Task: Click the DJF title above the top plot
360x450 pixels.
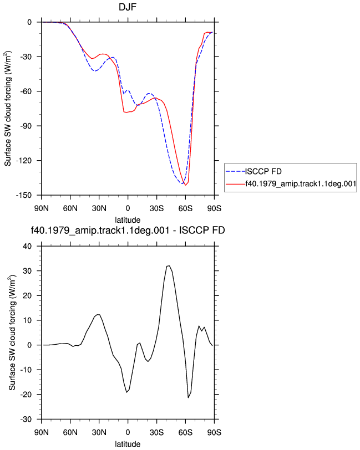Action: pos(127,7)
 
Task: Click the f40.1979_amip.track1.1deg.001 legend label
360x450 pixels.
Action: pos(301,183)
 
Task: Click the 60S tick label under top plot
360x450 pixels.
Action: pos(185,208)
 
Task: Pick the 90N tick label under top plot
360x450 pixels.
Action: pos(42,208)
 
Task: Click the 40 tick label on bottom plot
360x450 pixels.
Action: pos(27,246)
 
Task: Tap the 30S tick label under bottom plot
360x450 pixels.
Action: pos(156,432)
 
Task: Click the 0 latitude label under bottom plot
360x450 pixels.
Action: pos(128,432)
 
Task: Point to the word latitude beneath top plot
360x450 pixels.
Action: pos(128,220)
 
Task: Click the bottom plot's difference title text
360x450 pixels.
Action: pos(128,230)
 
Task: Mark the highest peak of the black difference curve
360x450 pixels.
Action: pos(169,266)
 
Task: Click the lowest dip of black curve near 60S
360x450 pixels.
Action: pos(188,397)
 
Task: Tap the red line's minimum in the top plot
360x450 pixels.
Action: pos(186,186)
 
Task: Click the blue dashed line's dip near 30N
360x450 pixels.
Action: pos(95,70)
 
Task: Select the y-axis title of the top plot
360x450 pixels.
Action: pos(8,109)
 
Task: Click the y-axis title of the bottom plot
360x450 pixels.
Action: pos(12,333)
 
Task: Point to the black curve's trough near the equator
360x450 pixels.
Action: pos(126,392)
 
